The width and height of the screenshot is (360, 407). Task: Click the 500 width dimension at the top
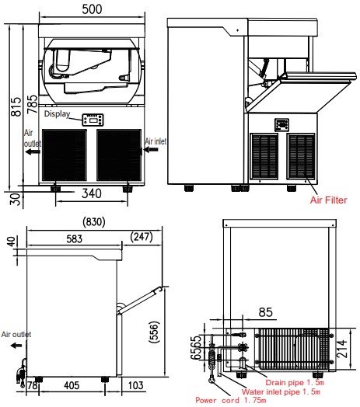pyautogui.click(x=92, y=9)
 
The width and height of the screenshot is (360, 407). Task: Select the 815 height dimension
pyautogui.click(x=16, y=106)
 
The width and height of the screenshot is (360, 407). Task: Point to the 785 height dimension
pyautogui.click(x=33, y=104)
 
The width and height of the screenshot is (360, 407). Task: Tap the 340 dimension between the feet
pyautogui.click(x=92, y=193)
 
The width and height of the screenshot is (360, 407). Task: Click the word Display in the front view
pyautogui.click(x=58, y=113)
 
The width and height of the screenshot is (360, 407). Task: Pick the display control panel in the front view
pyautogui.click(x=93, y=120)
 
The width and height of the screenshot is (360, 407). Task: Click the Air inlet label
pyautogui.click(x=156, y=141)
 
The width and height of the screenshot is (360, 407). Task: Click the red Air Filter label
pyautogui.click(x=329, y=200)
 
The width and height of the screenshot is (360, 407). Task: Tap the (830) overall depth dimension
pyautogui.click(x=94, y=222)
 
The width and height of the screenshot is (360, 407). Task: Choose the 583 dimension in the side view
pyautogui.click(x=74, y=238)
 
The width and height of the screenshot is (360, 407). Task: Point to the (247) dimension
pyautogui.click(x=142, y=236)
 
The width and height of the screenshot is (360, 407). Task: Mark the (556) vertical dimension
pyautogui.click(x=154, y=332)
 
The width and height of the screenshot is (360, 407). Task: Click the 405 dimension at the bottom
pyautogui.click(x=72, y=385)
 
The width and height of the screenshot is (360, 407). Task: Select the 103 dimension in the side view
pyautogui.click(x=136, y=385)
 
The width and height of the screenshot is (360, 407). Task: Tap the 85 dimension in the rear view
pyautogui.click(x=266, y=312)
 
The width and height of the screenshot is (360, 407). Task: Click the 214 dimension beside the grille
pyautogui.click(x=341, y=349)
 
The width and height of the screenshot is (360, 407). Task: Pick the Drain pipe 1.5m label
pyautogui.click(x=295, y=382)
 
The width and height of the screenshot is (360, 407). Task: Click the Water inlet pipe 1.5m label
pyautogui.click(x=281, y=391)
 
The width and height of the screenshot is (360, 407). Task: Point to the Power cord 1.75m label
pyautogui.click(x=231, y=400)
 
